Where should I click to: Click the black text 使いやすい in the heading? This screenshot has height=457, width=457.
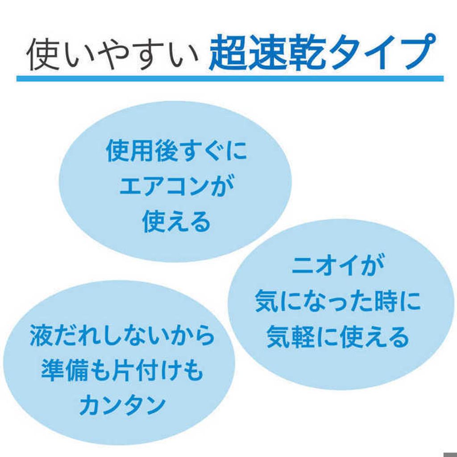pyautogui.click(x=112, y=55)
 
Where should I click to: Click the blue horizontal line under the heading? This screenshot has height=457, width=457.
pyautogui.click(x=230, y=79)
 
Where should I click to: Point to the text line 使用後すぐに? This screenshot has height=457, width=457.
pyautogui.click(x=176, y=151)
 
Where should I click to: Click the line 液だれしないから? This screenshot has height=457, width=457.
pyautogui.click(x=122, y=335)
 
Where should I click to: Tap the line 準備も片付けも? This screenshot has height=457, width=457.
pyautogui.click(x=122, y=370)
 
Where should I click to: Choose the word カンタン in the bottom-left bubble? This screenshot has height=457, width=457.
pyautogui.click(x=122, y=406)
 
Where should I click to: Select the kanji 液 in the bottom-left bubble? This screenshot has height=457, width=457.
pyautogui.click(x=42, y=335)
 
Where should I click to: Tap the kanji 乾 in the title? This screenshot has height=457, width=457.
pyautogui.click(x=307, y=53)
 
